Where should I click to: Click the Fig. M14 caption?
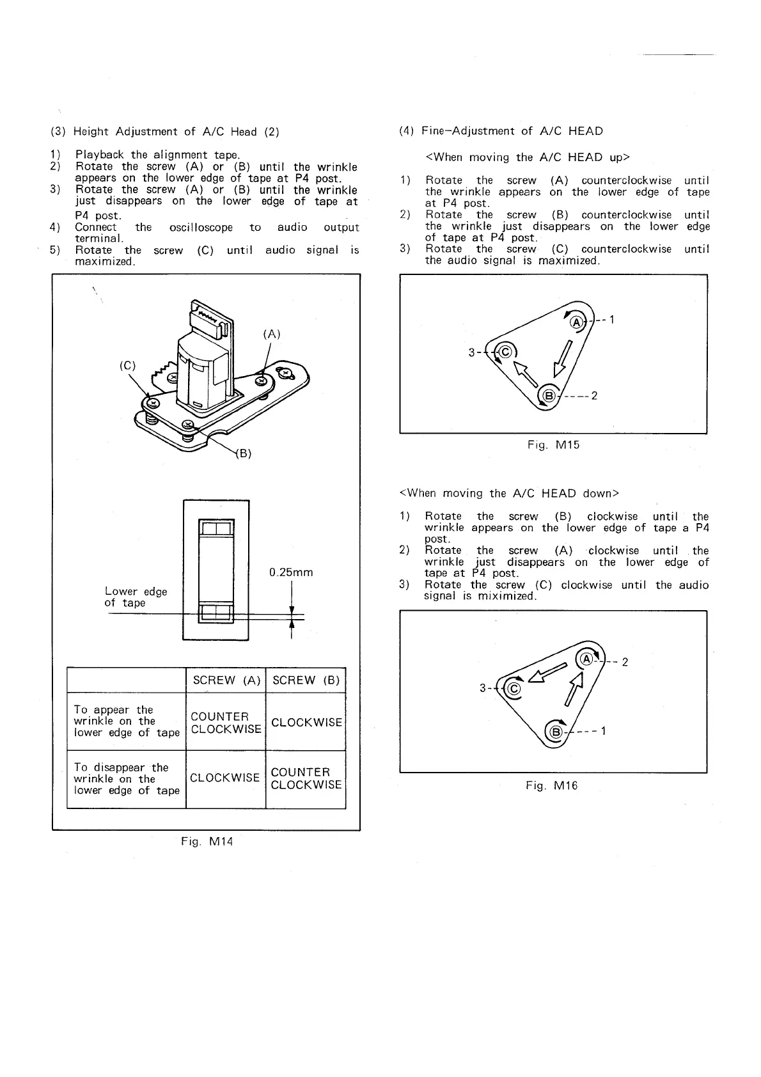click(x=207, y=842)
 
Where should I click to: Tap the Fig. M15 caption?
click(x=554, y=444)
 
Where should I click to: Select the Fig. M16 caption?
click(x=551, y=785)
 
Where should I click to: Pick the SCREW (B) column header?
click(x=306, y=680)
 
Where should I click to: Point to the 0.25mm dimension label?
click(x=292, y=572)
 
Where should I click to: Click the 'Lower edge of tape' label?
click(x=136, y=597)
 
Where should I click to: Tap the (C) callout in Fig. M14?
click(x=129, y=366)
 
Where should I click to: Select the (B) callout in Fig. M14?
click(x=244, y=454)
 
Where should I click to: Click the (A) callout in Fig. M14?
click(x=272, y=334)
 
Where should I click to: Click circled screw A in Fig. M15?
click(x=576, y=322)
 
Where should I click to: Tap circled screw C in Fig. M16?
click(x=512, y=688)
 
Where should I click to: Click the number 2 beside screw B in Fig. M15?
click(x=594, y=396)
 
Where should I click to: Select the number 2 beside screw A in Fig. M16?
click(x=625, y=662)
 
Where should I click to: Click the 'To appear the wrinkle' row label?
click(x=126, y=721)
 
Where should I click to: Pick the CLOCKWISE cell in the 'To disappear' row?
click(x=224, y=778)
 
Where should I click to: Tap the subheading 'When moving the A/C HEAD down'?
click(x=509, y=493)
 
